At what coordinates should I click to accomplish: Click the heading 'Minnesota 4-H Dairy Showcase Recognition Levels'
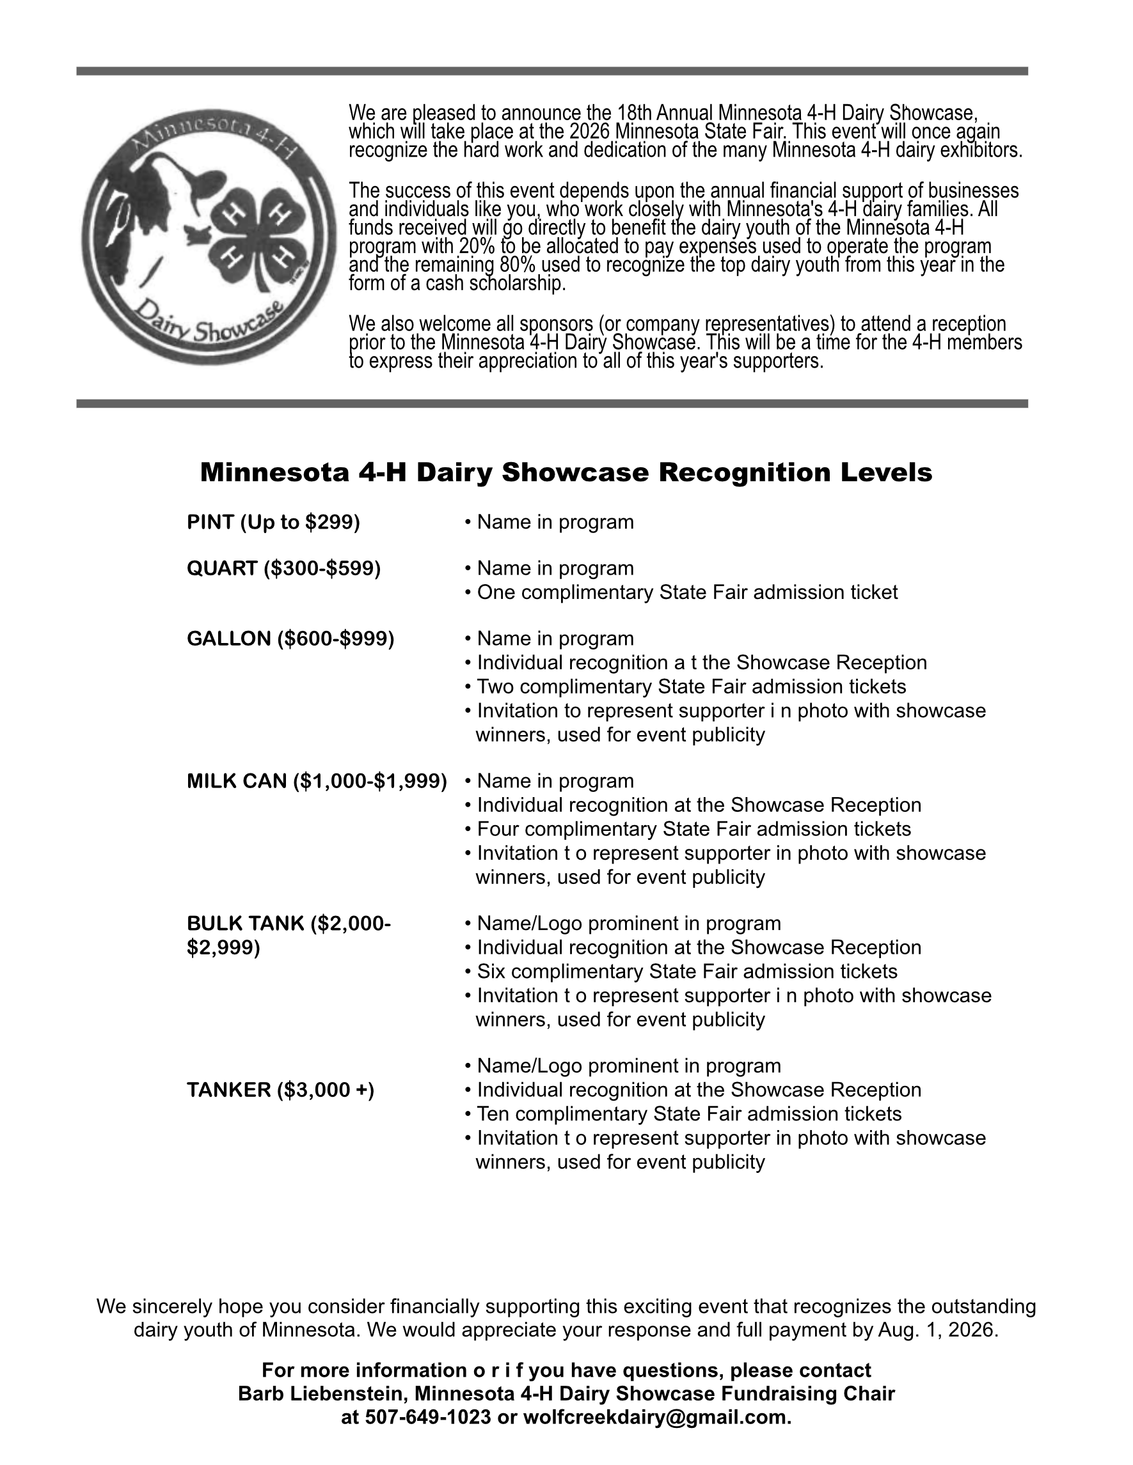point(566,473)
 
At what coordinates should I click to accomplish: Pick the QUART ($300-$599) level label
point(283,568)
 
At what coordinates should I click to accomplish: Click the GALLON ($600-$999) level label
point(290,639)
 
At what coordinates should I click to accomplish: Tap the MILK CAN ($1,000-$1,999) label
point(316,781)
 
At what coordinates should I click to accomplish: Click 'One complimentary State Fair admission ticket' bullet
point(686,593)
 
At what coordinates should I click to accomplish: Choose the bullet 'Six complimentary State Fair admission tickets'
point(686,972)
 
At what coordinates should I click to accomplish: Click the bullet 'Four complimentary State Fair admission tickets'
point(693,829)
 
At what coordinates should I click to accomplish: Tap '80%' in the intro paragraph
point(518,265)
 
